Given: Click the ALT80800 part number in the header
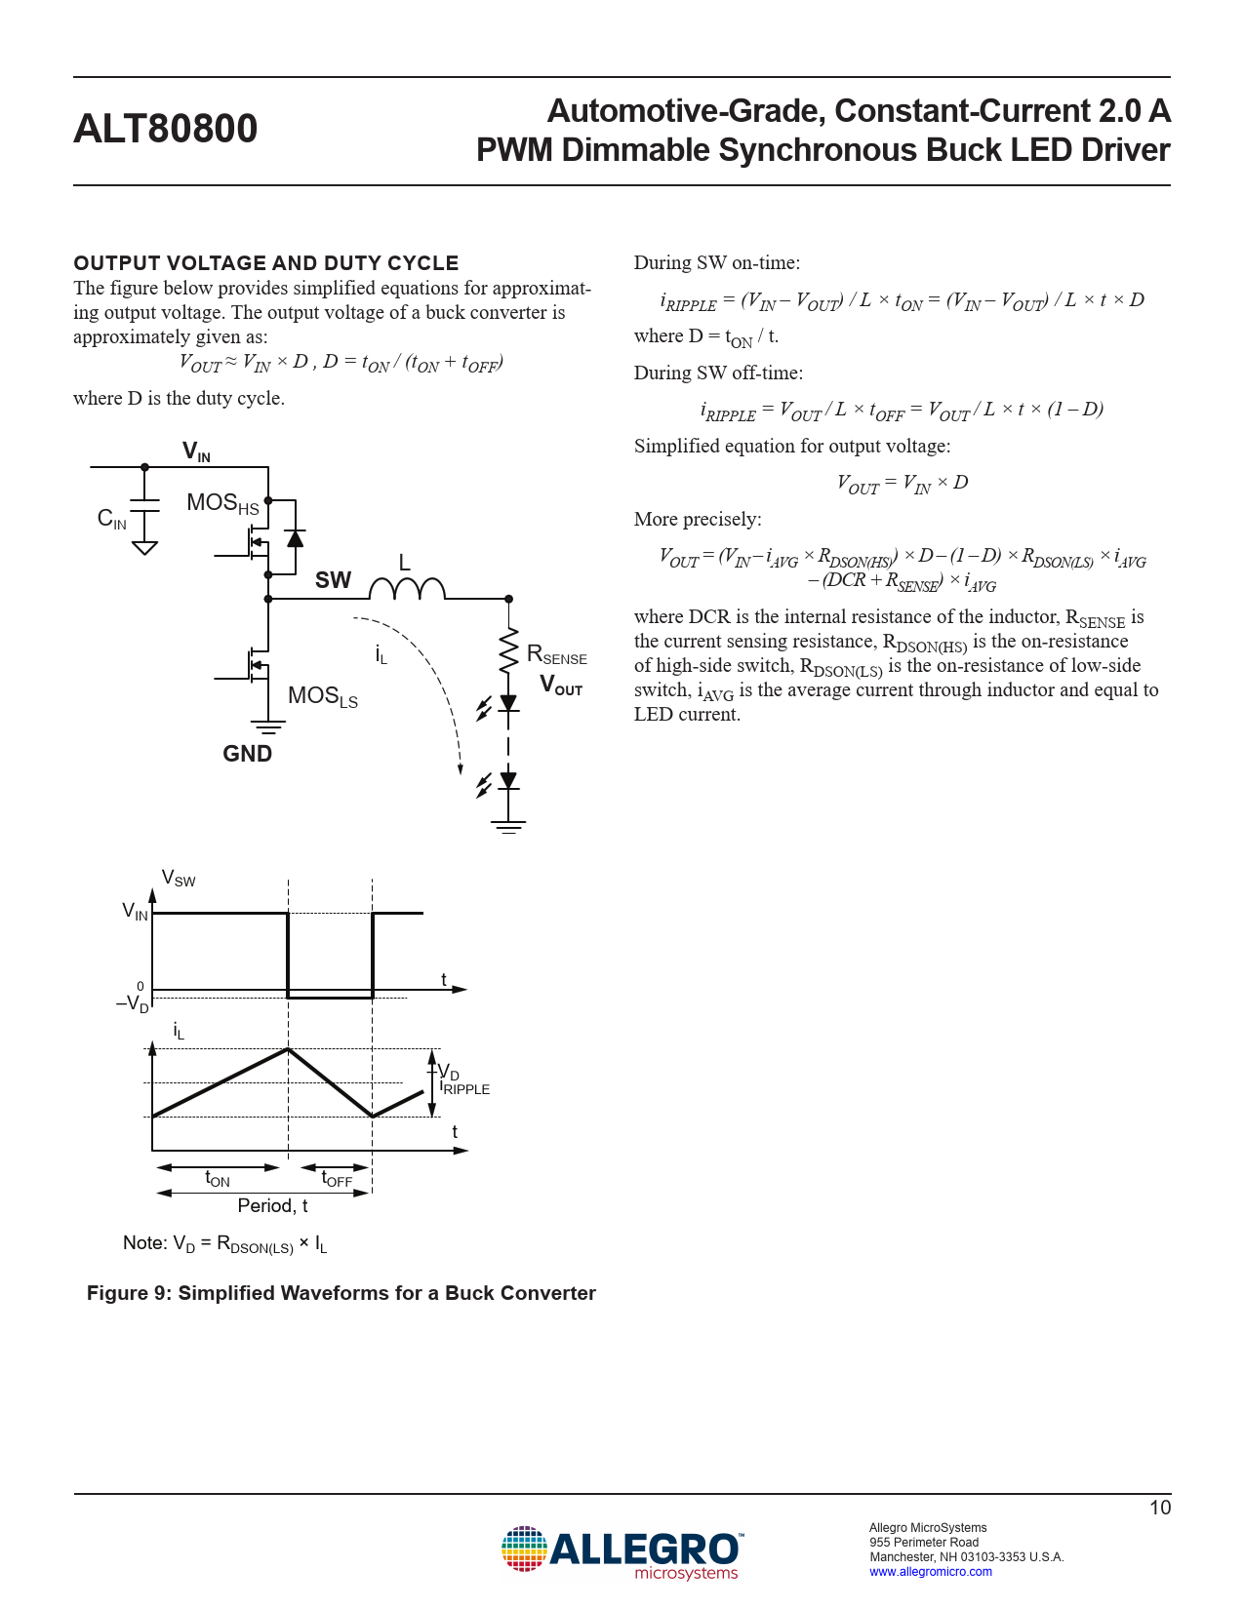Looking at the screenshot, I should [x=166, y=129].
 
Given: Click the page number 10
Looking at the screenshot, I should [x=1159, y=1508].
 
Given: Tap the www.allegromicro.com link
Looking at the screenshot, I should [x=931, y=1572].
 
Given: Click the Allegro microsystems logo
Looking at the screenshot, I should [x=622, y=1552].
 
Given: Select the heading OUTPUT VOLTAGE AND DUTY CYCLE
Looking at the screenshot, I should [x=266, y=263].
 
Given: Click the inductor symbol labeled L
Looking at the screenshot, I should [x=407, y=588].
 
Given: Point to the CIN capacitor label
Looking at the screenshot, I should [x=111, y=519].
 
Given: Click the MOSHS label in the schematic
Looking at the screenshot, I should [x=222, y=503].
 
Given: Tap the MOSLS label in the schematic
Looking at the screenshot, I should [x=322, y=696].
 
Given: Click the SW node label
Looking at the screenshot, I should [x=333, y=580].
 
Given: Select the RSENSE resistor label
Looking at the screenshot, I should [x=556, y=655].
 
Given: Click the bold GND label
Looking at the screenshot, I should [x=247, y=754].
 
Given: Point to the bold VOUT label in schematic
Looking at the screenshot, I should [x=561, y=686].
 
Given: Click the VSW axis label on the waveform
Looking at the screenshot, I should [x=178, y=879].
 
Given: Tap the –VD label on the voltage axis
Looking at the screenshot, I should [x=133, y=1003].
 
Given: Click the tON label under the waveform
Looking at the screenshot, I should [x=217, y=1179].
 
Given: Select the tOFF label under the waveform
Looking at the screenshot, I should [x=337, y=1179].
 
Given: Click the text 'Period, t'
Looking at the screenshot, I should [x=272, y=1206].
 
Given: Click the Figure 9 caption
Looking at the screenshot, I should [x=341, y=1293].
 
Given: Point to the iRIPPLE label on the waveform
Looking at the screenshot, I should [x=464, y=1087].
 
